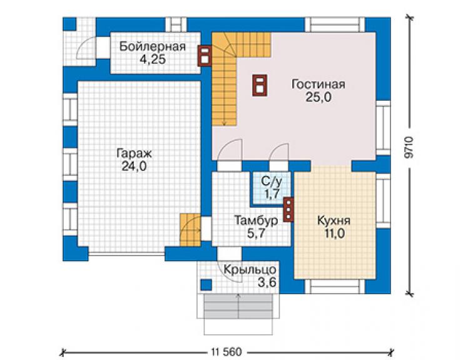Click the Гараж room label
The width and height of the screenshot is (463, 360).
[134, 153]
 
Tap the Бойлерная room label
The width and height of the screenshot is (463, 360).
[153, 47]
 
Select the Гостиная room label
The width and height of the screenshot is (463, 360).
[318, 85]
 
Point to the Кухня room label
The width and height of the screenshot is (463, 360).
[334, 220]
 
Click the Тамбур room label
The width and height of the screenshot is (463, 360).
[256, 220]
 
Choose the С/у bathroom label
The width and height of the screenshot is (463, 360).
[272, 181]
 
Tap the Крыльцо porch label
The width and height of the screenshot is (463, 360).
[250, 270]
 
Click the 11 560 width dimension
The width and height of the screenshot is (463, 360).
[226, 352]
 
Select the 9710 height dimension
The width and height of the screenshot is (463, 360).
[409, 147]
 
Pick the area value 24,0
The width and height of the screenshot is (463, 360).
[134, 167]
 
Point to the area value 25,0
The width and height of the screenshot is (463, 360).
[318, 97]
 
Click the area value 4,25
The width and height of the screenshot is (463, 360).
[153, 59]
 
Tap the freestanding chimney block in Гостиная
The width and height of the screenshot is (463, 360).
[260, 85]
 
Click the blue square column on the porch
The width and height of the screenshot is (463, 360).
[206, 285]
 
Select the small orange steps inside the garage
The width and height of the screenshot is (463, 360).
[190, 230]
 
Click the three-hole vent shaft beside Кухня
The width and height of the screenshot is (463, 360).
[288, 210]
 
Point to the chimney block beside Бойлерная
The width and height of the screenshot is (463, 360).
[205, 56]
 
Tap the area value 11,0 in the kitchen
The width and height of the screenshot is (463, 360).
[335, 234]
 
